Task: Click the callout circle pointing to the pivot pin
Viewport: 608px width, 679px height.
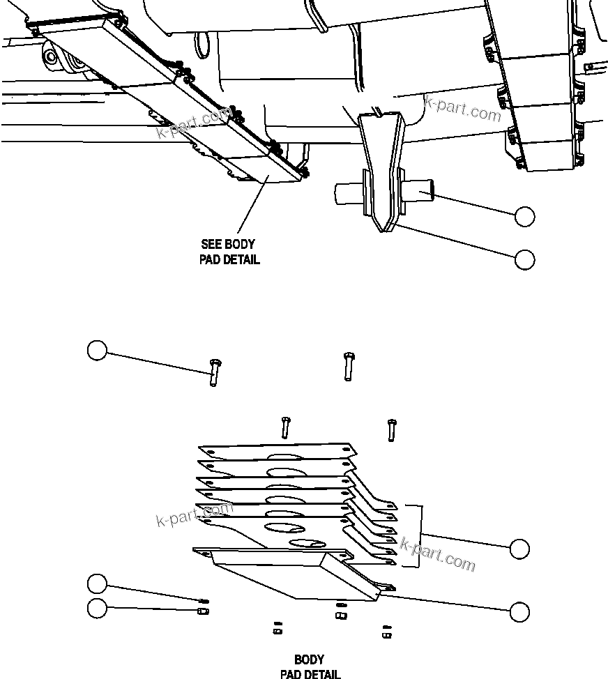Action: tap(525, 217)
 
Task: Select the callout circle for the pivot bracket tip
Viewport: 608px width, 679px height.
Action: tap(525, 259)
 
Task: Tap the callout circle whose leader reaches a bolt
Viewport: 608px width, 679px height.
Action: tap(97, 350)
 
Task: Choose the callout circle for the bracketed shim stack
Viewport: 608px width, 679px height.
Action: tap(519, 549)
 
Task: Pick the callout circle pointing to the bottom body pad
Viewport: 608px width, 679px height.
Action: tap(519, 611)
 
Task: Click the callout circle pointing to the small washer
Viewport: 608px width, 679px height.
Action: tap(97, 583)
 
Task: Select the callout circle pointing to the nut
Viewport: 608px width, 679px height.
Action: tap(97, 608)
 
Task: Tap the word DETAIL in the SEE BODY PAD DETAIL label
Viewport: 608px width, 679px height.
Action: tap(241, 260)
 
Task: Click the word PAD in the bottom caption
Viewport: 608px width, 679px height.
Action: tap(291, 673)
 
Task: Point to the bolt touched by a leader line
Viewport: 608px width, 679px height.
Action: tap(213, 372)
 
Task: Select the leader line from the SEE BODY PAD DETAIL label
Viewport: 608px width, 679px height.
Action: tap(253, 206)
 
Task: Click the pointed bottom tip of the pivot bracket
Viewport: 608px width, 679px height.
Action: tap(381, 229)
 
